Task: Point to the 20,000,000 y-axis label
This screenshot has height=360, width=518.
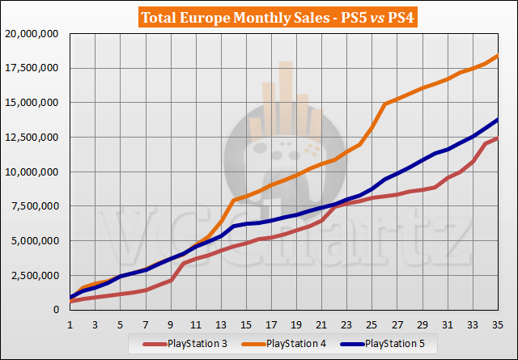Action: [x=33, y=34]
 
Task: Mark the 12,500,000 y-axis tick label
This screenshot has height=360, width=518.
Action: [x=33, y=138]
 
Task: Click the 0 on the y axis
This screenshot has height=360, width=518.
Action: [x=57, y=310]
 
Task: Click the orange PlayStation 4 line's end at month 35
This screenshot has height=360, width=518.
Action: [x=497, y=56]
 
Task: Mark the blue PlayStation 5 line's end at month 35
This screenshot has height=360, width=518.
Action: [x=497, y=120]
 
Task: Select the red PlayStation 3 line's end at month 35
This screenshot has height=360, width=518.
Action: [x=497, y=138]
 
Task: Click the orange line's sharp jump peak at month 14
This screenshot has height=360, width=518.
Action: [x=234, y=200]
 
